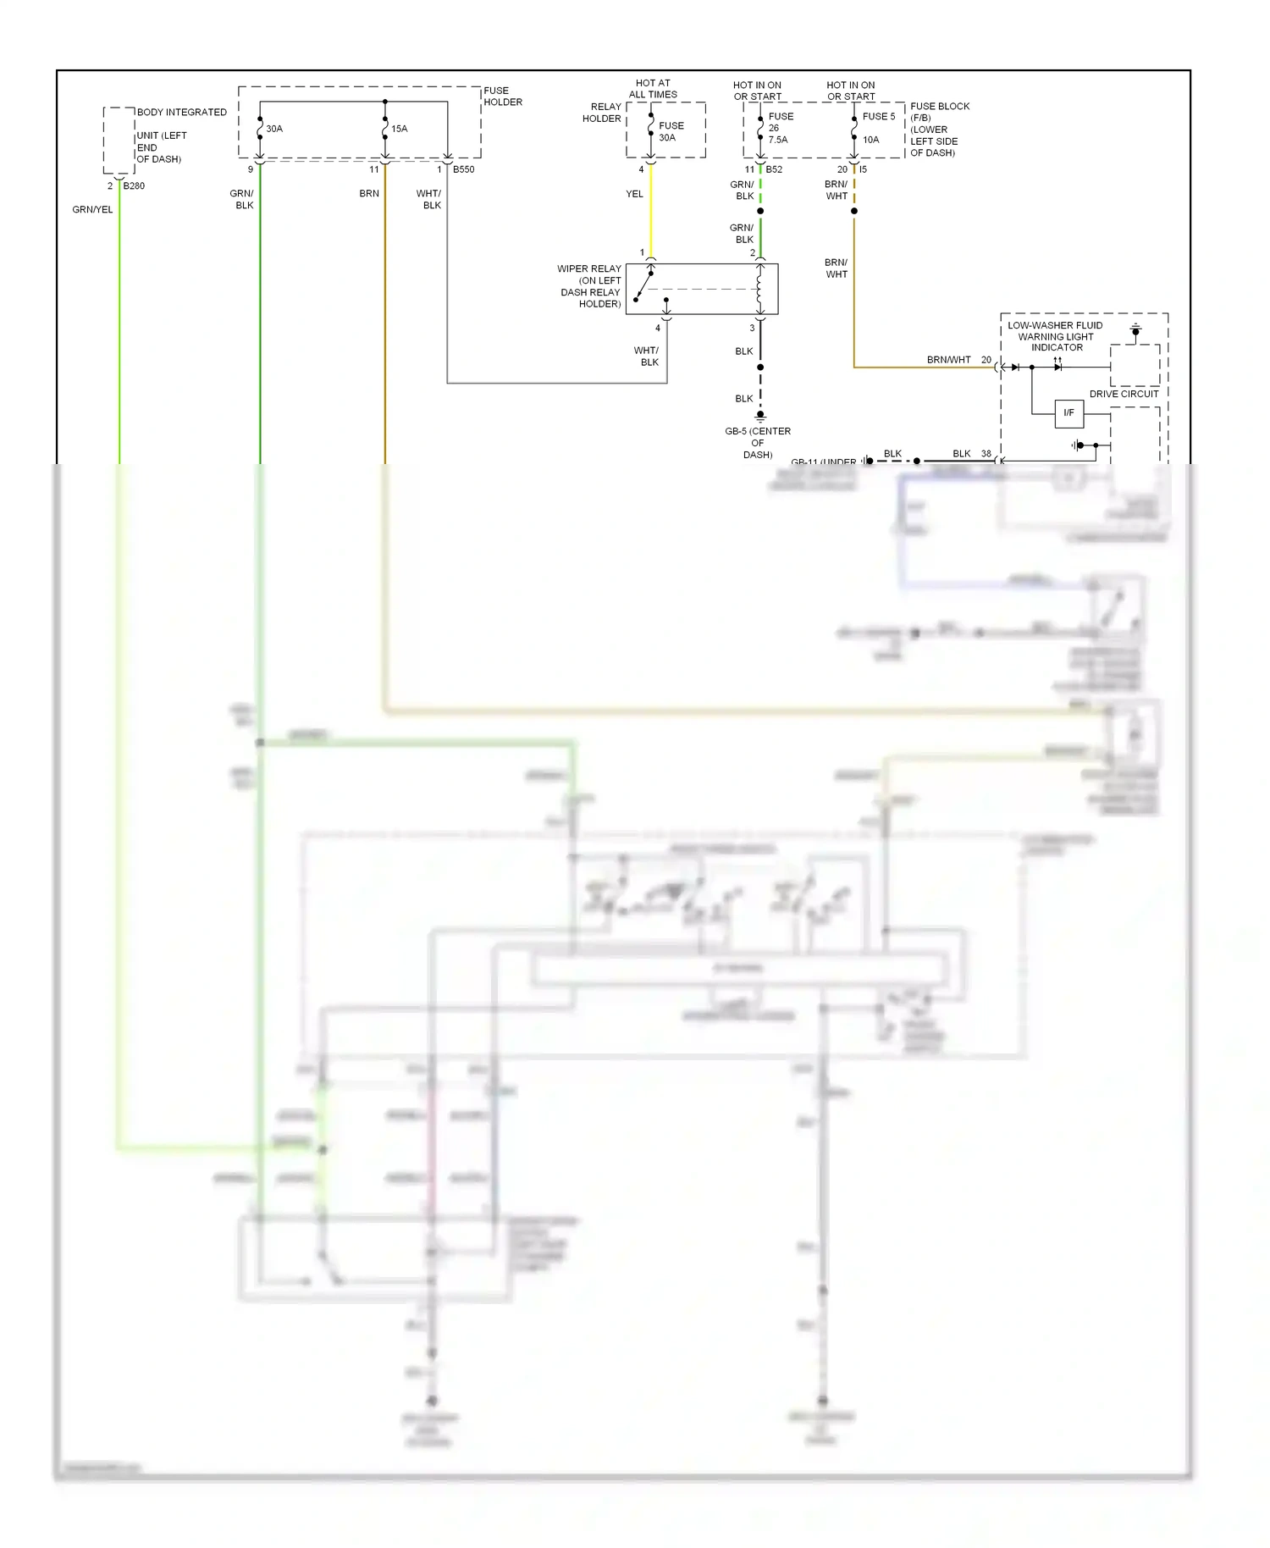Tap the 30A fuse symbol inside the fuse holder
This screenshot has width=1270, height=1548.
[260, 129]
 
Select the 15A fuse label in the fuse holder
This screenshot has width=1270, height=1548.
[399, 129]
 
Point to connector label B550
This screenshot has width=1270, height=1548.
[463, 169]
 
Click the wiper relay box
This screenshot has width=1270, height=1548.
[701, 289]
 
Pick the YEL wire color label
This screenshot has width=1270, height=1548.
[634, 194]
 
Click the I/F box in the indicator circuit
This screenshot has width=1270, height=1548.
[1068, 413]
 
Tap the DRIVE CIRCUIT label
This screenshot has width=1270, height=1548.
[1124, 394]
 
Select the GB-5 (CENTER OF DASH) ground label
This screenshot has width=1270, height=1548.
[757, 442]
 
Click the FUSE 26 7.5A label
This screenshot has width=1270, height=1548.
[780, 128]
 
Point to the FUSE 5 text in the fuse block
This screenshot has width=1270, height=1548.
[878, 117]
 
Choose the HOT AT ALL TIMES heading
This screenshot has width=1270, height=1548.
[653, 89]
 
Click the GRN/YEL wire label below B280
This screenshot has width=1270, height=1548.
[92, 209]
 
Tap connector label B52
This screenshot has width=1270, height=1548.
[774, 169]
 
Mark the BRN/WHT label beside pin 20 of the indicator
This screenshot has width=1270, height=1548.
[948, 360]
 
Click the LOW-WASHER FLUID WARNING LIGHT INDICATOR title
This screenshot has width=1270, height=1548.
[1056, 336]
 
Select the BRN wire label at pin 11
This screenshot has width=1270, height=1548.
[369, 194]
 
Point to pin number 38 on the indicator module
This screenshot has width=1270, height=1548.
[986, 454]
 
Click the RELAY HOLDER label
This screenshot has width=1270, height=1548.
[602, 113]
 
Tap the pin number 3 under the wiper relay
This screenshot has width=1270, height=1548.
[752, 329]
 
